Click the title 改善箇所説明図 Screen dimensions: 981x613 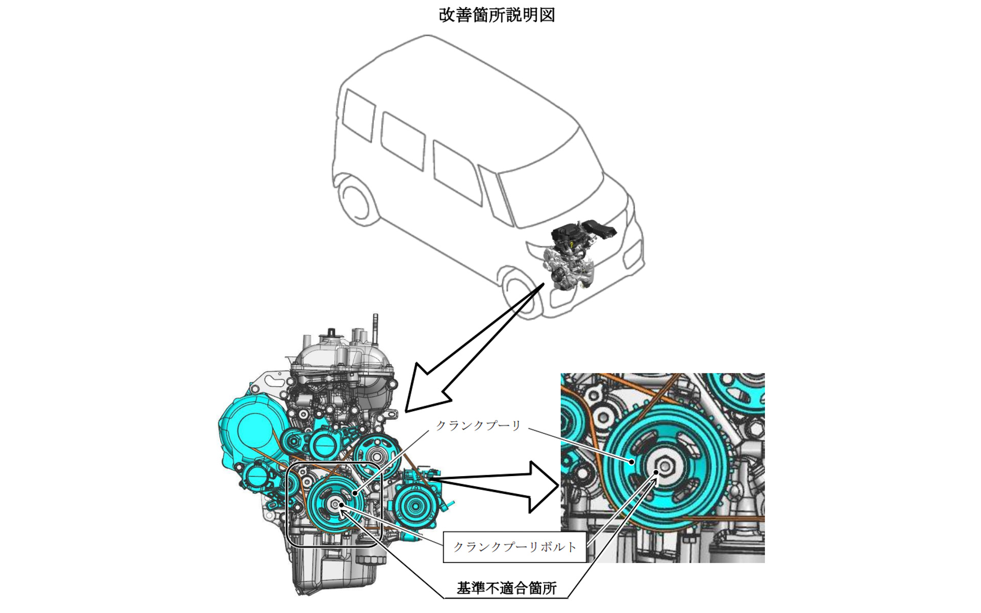click(497, 15)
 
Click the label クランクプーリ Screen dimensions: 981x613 click(478, 426)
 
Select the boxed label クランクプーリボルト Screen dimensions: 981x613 click(515, 547)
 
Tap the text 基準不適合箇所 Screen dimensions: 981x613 click(506, 588)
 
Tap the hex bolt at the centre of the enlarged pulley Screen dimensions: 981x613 click(664, 466)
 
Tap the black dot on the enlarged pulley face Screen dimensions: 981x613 click(632, 462)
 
